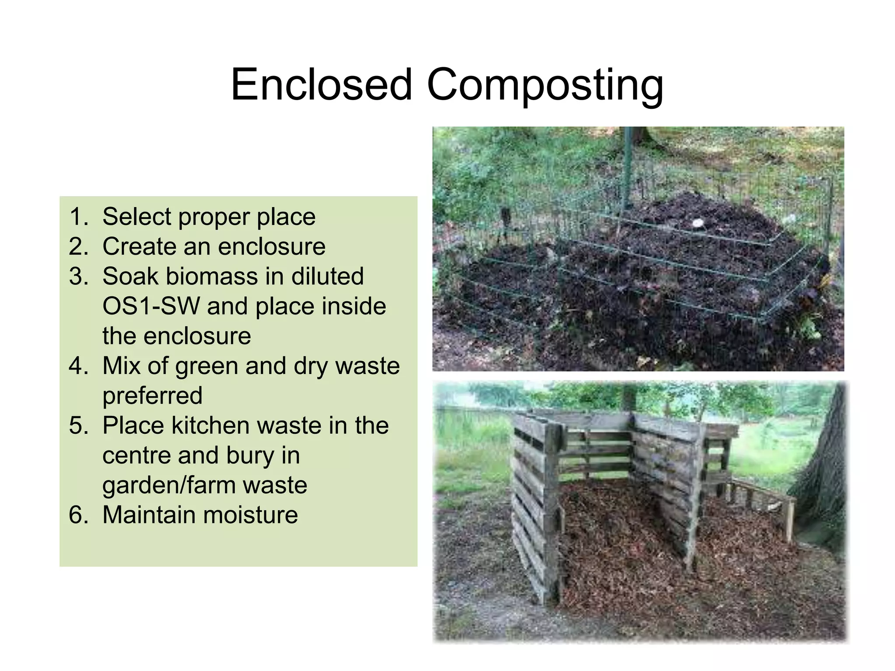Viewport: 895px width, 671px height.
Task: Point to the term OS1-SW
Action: (x=151, y=306)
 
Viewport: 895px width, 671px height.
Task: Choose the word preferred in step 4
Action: (x=152, y=396)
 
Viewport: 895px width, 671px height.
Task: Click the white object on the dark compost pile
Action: (x=697, y=223)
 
